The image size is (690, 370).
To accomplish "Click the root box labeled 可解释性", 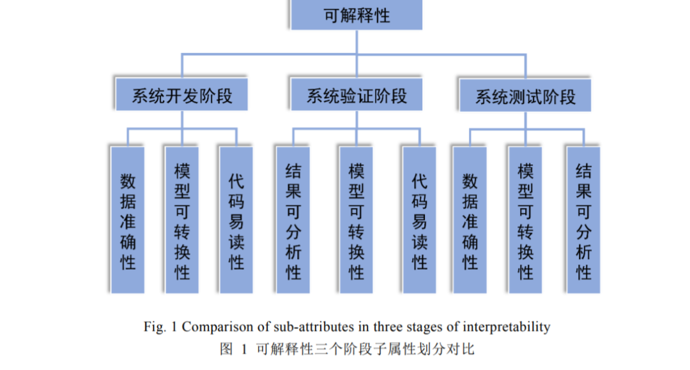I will (356, 15).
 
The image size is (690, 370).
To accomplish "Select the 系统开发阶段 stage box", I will (182, 96).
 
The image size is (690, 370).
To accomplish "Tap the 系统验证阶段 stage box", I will (356, 96).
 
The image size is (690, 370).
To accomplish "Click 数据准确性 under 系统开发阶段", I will (128, 220).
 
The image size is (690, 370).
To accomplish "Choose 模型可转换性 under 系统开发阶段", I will (182, 220).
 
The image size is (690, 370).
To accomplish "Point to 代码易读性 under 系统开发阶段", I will (236, 220).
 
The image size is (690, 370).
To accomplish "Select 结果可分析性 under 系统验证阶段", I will (293, 220).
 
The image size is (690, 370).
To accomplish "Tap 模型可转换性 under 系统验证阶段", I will (356, 220).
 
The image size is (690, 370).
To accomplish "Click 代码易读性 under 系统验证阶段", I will (419, 220).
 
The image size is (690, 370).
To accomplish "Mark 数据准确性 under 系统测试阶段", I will (470, 220).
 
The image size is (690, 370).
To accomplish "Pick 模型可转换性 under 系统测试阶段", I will (525, 220).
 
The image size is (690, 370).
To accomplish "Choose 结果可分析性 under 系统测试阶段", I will (583, 220).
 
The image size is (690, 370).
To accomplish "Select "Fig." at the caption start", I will (154, 327).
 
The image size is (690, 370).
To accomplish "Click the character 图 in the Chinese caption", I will (226, 349).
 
